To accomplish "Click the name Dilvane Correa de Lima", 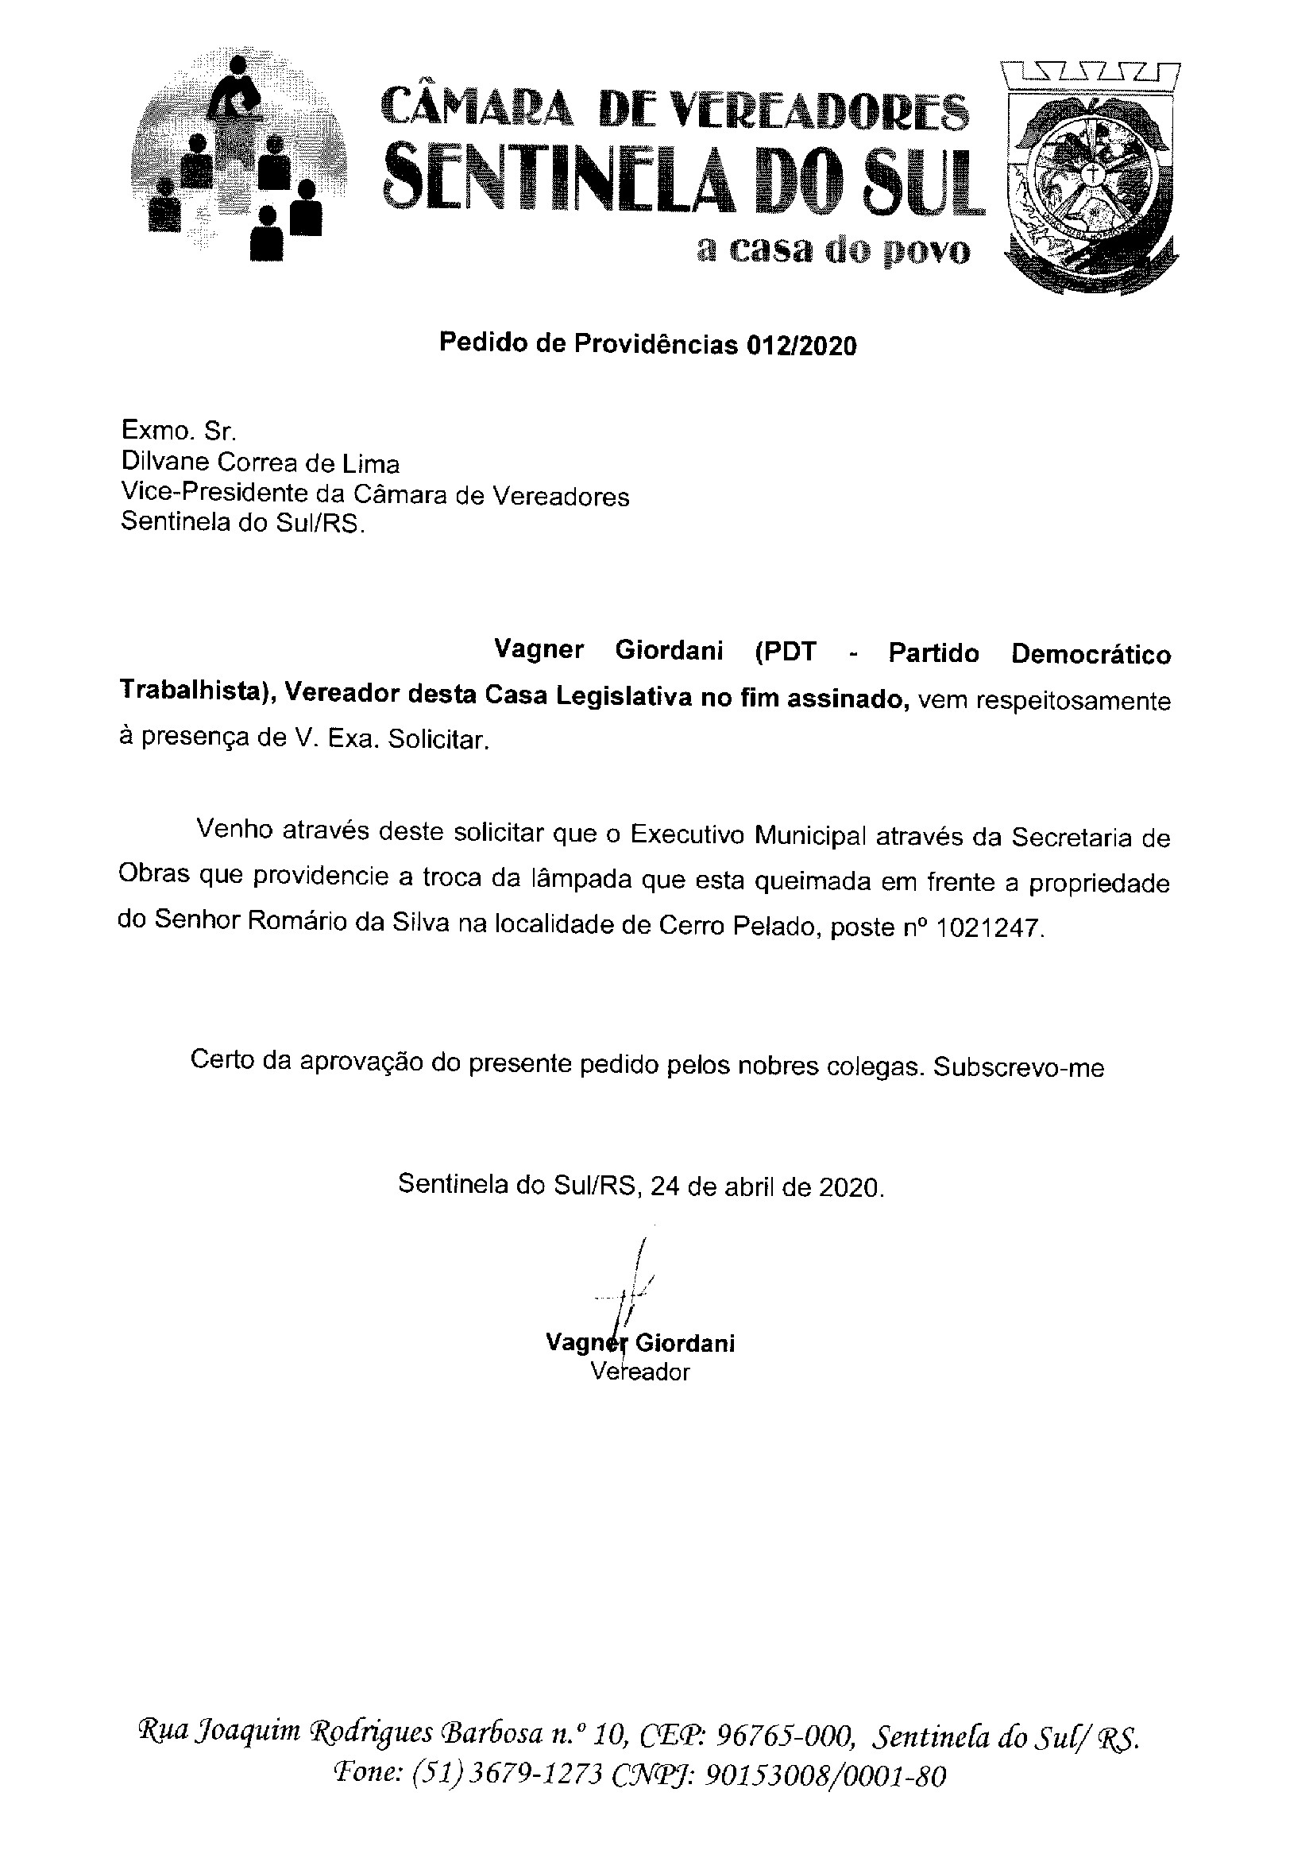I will tap(260, 463).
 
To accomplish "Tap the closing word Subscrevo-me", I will tap(1018, 1067).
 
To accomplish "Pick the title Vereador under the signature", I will tap(640, 1372).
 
